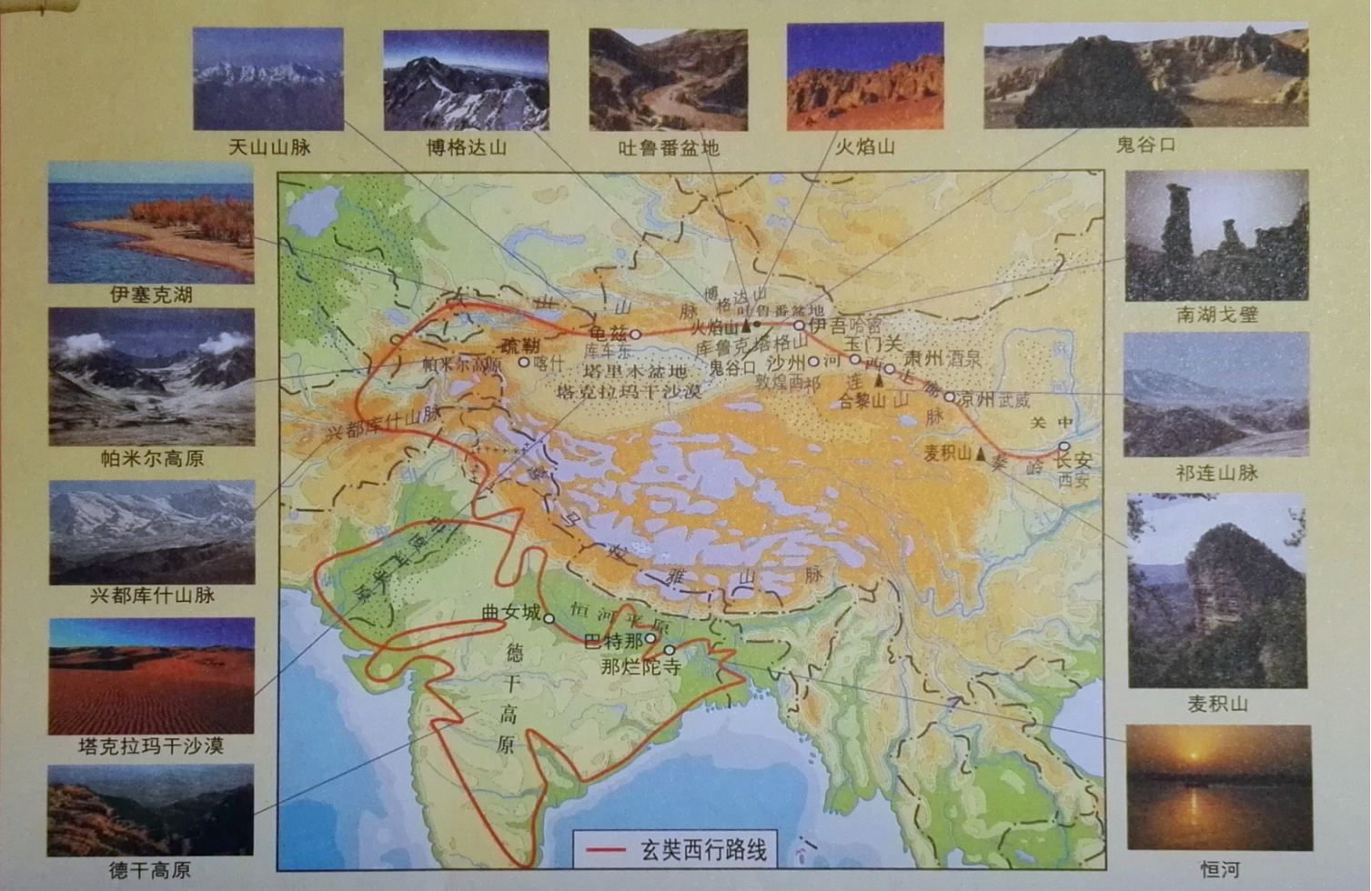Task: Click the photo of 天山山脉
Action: click(268, 79)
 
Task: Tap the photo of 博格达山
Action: click(466, 81)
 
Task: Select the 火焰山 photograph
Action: click(864, 77)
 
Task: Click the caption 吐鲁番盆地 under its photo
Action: click(668, 147)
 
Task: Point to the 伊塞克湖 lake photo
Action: click(151, 223)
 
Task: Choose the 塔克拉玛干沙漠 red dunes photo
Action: click(151, 676)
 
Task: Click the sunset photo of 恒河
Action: click(1218, 787)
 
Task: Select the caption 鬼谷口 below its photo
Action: click(1145, 145)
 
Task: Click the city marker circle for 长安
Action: click(1064, 446)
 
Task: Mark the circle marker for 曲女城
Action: click(549, 617)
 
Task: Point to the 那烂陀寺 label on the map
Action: click(640, 666)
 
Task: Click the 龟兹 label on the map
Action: click(609, 333)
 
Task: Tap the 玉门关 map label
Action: click(872, 344)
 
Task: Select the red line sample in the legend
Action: click(605, 850)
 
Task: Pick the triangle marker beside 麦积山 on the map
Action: click(981, 452)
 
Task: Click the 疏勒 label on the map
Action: click(519, 345)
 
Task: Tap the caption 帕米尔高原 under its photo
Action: click(151, 459)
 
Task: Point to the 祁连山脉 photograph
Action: click(1216, 395)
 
